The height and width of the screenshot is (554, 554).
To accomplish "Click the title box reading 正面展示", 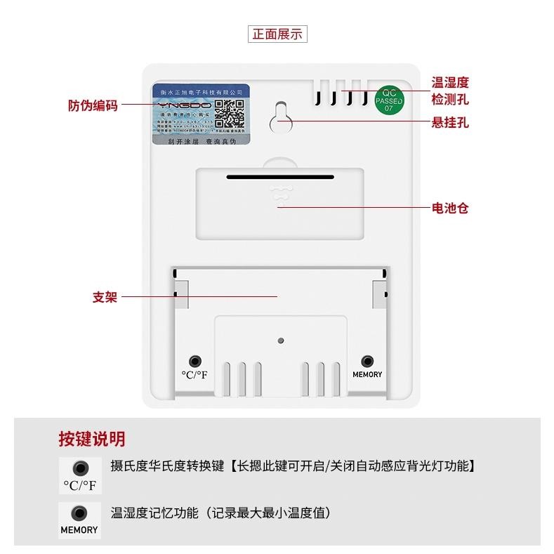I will click(x=277, y=34).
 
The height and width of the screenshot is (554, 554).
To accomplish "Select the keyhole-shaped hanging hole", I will click(x=281, y=118).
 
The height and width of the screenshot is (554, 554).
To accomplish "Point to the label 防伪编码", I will click(x=93, y=105).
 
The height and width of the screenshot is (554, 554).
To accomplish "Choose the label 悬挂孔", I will click(x=450, y=123).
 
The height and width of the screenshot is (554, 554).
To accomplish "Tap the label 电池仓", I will click(x=450, y=209).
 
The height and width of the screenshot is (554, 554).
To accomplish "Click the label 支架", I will click(x=104, y=296).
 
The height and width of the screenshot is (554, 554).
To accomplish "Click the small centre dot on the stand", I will click(x=280, y=341).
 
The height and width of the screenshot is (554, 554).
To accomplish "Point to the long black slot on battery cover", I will click(x=280, y=177).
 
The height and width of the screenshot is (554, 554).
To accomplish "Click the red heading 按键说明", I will click(x=92, y=440).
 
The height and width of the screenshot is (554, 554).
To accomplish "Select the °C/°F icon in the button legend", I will click(x=79, y=475).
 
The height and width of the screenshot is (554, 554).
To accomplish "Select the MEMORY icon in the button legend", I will click(x=79, y=520).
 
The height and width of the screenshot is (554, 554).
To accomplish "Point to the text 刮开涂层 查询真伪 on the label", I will click(x=201, y=140).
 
